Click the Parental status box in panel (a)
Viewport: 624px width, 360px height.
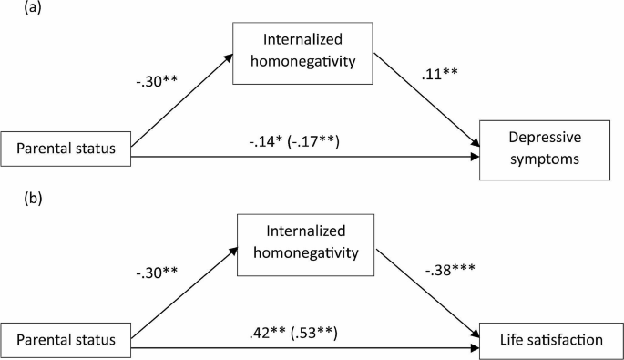coord(66,150)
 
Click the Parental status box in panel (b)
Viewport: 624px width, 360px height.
coord(66,339)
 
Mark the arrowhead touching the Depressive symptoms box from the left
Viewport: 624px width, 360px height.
coord(476,155)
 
